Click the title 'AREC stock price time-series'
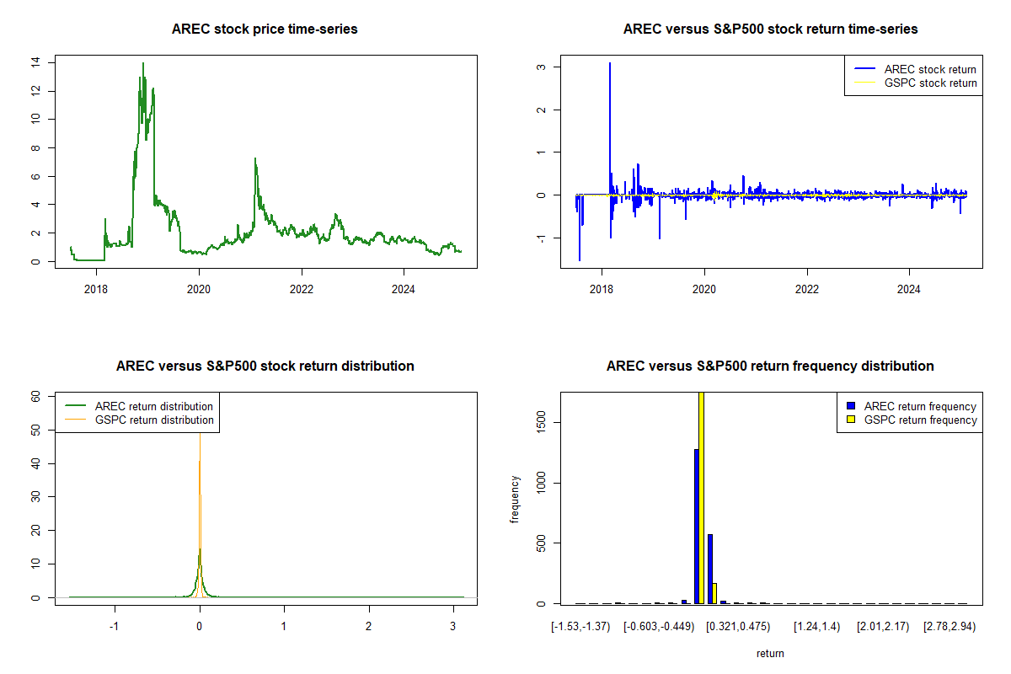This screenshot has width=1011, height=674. [265, 29]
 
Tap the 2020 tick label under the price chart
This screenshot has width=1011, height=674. [199, 289]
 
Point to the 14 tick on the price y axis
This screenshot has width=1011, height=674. [35, 62]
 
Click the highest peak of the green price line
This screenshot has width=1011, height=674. [143, 64]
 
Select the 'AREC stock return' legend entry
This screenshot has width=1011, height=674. [915, 69]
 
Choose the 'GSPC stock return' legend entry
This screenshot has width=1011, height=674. [915, 83]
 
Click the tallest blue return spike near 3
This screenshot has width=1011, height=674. [610, 63]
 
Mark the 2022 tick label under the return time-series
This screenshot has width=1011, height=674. [807, 289]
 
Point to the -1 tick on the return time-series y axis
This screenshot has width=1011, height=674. [541, 238]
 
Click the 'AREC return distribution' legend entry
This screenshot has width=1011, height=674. [139, 406]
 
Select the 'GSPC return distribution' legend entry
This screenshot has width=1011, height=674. [139, 420]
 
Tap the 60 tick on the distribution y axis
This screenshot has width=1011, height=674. [35, 396]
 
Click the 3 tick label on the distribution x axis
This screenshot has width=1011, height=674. [453, 626]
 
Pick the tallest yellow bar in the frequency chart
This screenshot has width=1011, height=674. [701, 497]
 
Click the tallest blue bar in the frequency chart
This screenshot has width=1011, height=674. [697, 527]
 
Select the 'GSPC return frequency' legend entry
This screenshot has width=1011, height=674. [912, 420]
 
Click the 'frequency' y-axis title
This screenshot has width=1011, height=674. [515, 499]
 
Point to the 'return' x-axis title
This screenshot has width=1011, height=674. [770, 653]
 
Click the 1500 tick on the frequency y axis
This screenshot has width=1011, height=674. [541, 423]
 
